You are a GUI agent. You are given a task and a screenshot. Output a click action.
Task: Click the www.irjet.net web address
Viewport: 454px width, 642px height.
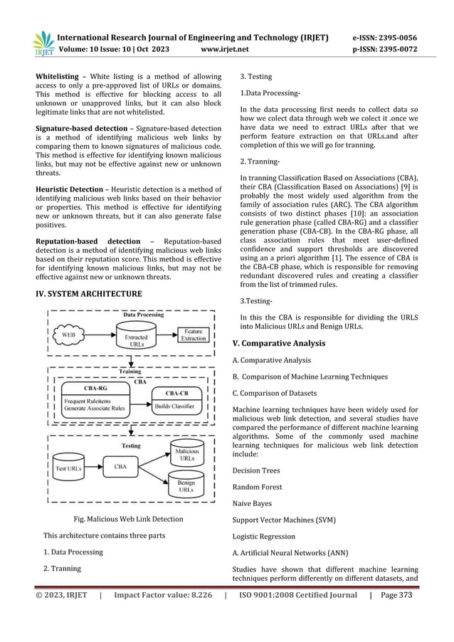[226, 51]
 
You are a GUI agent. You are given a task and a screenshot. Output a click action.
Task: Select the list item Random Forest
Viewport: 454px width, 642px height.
[257, 487]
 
